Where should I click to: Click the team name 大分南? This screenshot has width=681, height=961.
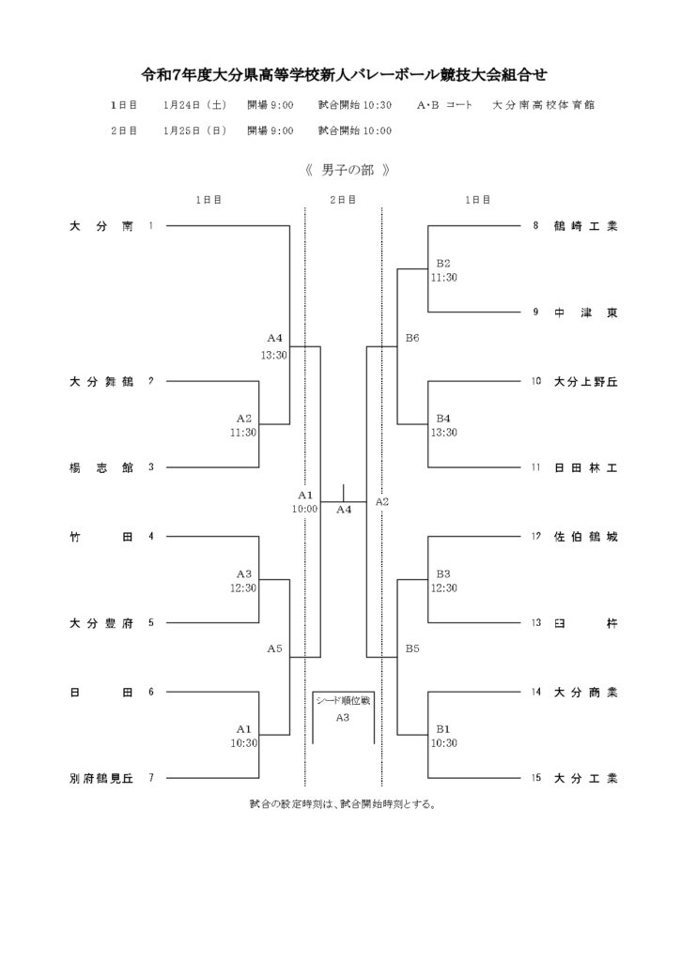tap(101, 226)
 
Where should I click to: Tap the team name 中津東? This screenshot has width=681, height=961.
tap(585, 313)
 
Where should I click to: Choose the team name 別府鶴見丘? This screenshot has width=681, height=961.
tap(101, 778)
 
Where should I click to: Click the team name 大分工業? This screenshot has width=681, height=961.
tap(585, 778)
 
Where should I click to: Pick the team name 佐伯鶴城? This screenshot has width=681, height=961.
tap(585, 537)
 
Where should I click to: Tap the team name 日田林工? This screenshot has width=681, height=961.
tap(585, 467)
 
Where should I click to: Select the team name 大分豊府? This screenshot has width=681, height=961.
tap(101, 622)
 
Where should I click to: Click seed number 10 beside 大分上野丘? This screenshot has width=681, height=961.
tap(536, 382)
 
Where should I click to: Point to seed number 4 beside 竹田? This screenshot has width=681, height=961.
tap(150, 537)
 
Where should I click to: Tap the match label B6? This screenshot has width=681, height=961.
tap(412, 338)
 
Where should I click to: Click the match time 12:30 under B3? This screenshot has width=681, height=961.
tap(443, 588)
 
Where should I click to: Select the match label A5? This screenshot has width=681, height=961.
tap(274, 648)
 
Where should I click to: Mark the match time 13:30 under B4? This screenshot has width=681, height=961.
tap(443, 433)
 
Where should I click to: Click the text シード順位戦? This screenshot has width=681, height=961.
tap(343, 700)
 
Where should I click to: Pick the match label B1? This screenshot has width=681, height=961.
tap(443, 728)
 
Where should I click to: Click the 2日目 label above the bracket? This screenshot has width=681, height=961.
tap(343, 200)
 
